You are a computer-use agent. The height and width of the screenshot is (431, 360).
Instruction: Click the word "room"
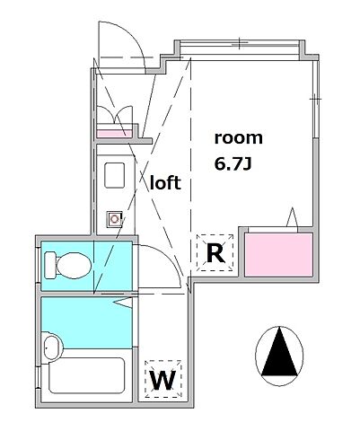coord(238,138)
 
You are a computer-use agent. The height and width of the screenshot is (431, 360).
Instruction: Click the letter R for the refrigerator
coord(215,253)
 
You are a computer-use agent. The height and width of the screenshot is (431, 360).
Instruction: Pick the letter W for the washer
coord(162,380)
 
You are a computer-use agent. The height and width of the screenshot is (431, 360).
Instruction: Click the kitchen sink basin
coord(115,174)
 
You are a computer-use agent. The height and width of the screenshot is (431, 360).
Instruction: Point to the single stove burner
coord(115,216)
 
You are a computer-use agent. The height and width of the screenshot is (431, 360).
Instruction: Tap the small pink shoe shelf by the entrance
coord(112,133)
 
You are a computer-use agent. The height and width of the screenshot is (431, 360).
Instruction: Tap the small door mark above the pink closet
coord(291,218)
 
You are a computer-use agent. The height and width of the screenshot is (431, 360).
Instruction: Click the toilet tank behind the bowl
coord(48,266)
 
